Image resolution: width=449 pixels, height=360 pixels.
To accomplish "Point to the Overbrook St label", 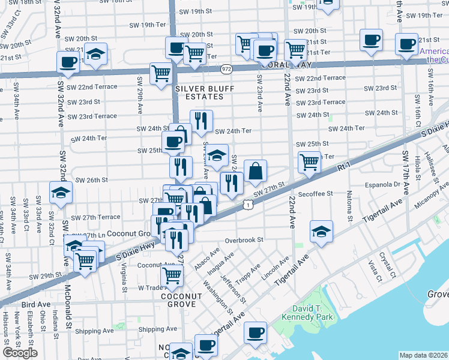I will (244, 240).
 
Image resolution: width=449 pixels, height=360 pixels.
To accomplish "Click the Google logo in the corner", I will (20, 353).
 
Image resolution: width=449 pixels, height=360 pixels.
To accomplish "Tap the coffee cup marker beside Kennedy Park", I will (255, 332).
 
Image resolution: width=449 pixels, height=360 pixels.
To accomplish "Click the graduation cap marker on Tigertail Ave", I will (321, 232).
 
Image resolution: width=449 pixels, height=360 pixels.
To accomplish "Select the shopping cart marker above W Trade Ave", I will (172, 275).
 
